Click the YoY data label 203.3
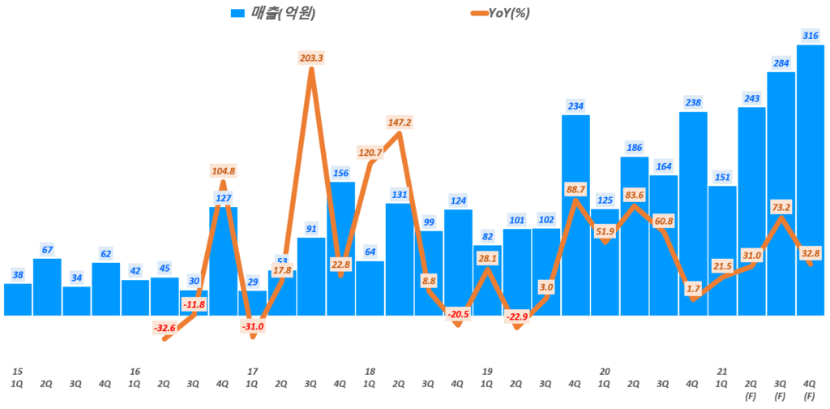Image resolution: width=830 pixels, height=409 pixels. [312, 58]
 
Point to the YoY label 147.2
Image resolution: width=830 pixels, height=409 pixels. [400, 123]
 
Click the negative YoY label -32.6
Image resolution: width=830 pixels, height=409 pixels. [165, 327]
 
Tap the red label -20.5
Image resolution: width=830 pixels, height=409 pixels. [458, 313]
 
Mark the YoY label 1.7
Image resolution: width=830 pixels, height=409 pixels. [693, 287]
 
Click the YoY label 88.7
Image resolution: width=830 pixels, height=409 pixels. [575, 189]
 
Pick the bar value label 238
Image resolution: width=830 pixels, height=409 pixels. [693, 102]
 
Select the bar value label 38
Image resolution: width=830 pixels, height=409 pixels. [18, 275]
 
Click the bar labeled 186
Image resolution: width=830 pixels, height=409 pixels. [634, 235]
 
